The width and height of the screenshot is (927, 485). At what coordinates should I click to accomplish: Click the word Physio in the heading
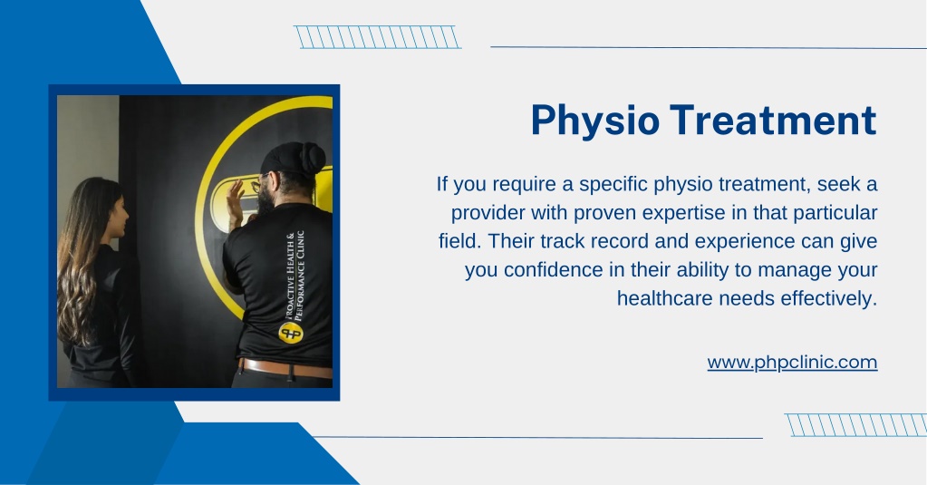coord(594,121)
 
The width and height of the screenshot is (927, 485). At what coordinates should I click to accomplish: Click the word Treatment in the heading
coord(773,120)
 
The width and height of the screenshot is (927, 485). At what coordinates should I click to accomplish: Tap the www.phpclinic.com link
coord(792,362)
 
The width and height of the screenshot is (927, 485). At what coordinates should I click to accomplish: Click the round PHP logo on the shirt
coord(290,333)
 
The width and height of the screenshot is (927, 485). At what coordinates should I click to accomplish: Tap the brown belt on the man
coord(285,368)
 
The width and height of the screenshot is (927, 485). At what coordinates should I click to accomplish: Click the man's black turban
coord(294,159)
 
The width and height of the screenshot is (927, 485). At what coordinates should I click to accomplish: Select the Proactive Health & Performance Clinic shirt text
coord(295,276)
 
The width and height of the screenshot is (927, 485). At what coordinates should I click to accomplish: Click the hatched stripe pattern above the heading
coord(377,36)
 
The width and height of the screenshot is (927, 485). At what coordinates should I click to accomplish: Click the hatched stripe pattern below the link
coord(855,425)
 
